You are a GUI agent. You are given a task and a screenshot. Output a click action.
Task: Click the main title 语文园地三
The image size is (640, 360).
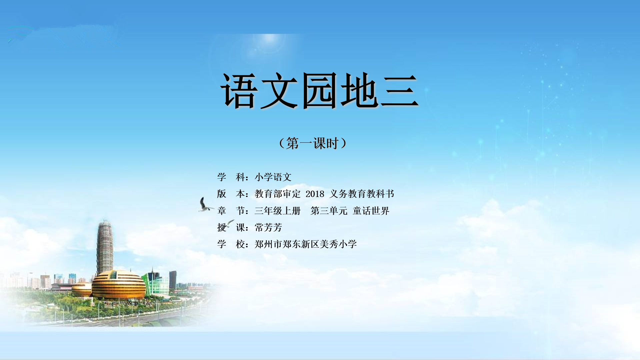(319, 91)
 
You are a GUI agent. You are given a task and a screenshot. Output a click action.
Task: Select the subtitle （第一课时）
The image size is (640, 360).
(313, 143)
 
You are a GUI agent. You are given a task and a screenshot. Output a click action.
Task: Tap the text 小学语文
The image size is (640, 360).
(273, 177)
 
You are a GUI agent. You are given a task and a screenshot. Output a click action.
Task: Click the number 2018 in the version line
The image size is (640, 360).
(315, 194)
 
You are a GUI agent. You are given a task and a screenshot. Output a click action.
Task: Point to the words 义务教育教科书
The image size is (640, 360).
(362, 194)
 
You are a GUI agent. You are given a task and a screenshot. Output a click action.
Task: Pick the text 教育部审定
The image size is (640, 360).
(277, 194)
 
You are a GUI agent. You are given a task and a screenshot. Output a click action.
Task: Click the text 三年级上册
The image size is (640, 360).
(277, 211)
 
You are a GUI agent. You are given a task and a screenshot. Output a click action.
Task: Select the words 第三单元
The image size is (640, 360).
(329, 211)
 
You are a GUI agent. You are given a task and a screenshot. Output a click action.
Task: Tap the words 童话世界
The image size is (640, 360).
(371, 211)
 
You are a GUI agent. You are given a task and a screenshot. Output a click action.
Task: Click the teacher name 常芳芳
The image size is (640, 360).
(268, 227)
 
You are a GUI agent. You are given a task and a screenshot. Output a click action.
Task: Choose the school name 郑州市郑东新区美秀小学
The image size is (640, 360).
(306, 244)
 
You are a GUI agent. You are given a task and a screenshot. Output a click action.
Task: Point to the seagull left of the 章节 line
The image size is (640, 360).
(205, 205)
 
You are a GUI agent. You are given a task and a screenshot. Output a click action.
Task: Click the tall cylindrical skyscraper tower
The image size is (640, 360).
(105, 247)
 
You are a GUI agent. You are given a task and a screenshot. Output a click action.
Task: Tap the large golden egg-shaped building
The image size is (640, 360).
(118, 284)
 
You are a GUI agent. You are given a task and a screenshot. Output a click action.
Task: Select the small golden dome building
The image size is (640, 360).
(81, 289)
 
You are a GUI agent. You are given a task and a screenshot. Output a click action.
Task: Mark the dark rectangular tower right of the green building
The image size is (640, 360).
(173, 280)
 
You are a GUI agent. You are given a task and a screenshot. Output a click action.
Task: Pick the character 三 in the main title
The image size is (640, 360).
(399, 91)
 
